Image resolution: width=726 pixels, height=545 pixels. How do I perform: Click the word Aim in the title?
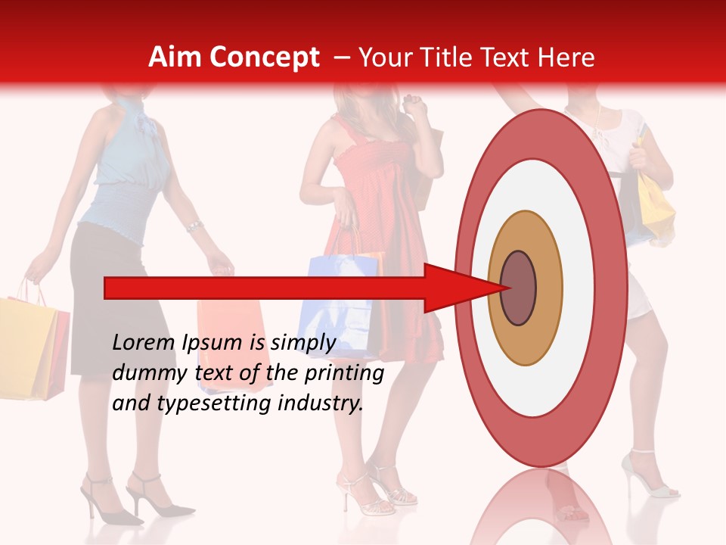point(175,58)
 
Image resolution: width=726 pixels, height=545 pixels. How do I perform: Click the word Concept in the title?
point(263,58)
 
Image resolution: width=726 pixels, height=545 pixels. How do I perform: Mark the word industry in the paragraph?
point(321,403)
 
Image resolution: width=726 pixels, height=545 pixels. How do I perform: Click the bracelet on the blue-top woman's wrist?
point(194,226)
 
